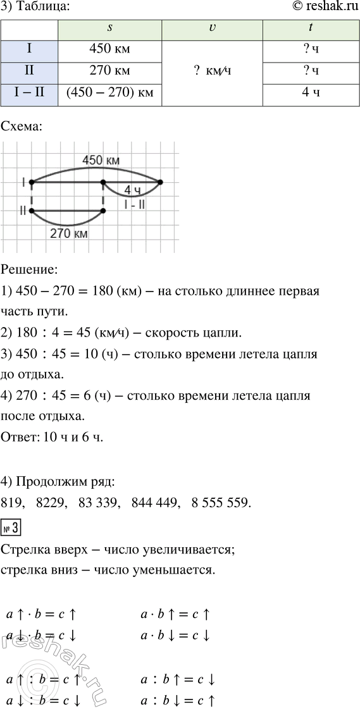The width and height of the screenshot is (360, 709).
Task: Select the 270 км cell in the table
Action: point(109,73)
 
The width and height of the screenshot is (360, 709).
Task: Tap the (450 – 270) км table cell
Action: point(109,95)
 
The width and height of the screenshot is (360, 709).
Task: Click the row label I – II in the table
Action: point(29,95)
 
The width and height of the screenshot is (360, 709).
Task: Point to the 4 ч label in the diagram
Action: point(132,190)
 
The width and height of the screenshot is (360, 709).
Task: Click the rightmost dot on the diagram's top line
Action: point(160,182)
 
